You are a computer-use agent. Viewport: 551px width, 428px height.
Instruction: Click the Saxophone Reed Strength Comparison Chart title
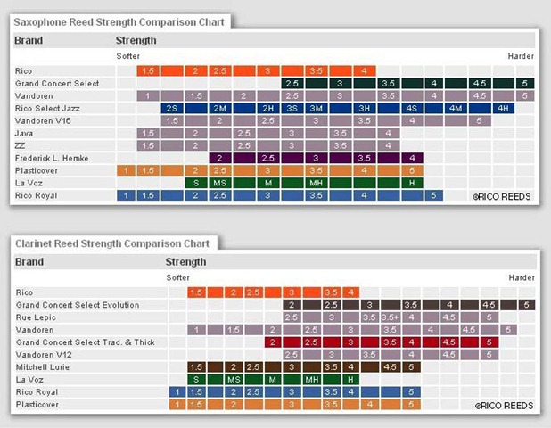tap(119, 21)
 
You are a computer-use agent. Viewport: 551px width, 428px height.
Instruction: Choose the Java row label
tap(24, 133)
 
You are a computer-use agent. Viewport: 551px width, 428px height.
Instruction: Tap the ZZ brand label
tap(21, 145)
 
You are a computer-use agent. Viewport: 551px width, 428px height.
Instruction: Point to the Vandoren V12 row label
tap(41, 354)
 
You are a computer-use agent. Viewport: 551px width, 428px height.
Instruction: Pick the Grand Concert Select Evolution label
tap(78, 304)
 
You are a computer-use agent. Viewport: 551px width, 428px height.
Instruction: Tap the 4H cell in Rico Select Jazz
tap(503, 108)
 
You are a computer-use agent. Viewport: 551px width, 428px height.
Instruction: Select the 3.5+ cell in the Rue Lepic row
tap(391, 317)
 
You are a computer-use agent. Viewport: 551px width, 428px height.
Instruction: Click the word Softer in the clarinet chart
tap(178, 277)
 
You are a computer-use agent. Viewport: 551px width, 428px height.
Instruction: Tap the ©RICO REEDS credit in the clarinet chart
tap(505, 405)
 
